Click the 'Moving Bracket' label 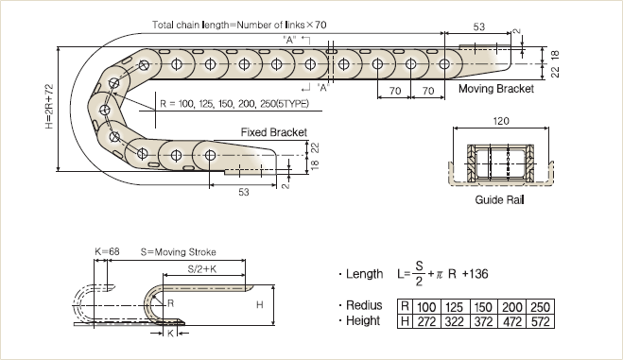tap(496, 89)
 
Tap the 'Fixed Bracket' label tap(274, 132)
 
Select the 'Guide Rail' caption tap(499, 199)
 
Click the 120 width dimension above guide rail tap(501, 121)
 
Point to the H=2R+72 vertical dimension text tap(49, 107)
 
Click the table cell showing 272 tap(426, 321)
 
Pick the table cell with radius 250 tap(540, 307)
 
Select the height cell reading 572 tap(540, 321)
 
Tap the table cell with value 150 tap(483, 307)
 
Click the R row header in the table tap(405, 307)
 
